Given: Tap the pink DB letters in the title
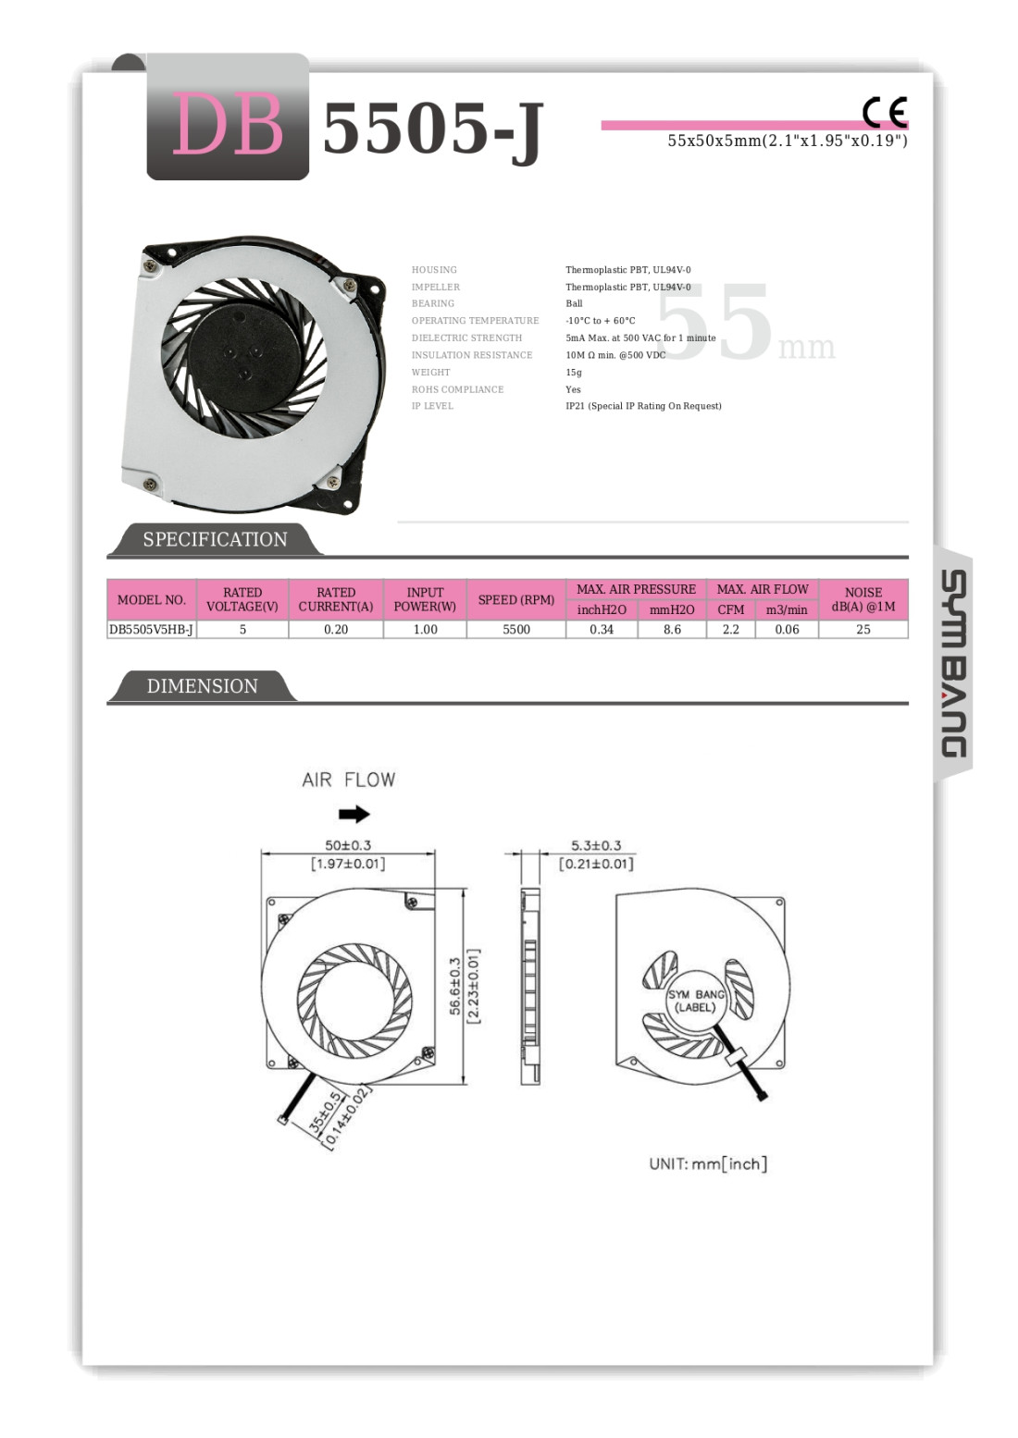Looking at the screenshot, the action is (228, 124).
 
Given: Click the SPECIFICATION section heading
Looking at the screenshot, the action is (215, 539).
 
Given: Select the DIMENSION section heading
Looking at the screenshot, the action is (203, 685).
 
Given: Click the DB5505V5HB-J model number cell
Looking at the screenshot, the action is (152, 629).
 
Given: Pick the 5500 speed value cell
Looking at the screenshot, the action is (516, 629).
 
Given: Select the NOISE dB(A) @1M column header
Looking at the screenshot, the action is (863, 599).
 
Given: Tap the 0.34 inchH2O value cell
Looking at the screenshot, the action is (602, 629).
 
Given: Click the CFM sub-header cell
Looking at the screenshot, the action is (731, 609).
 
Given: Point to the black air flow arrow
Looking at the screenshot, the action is (354, 814).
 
